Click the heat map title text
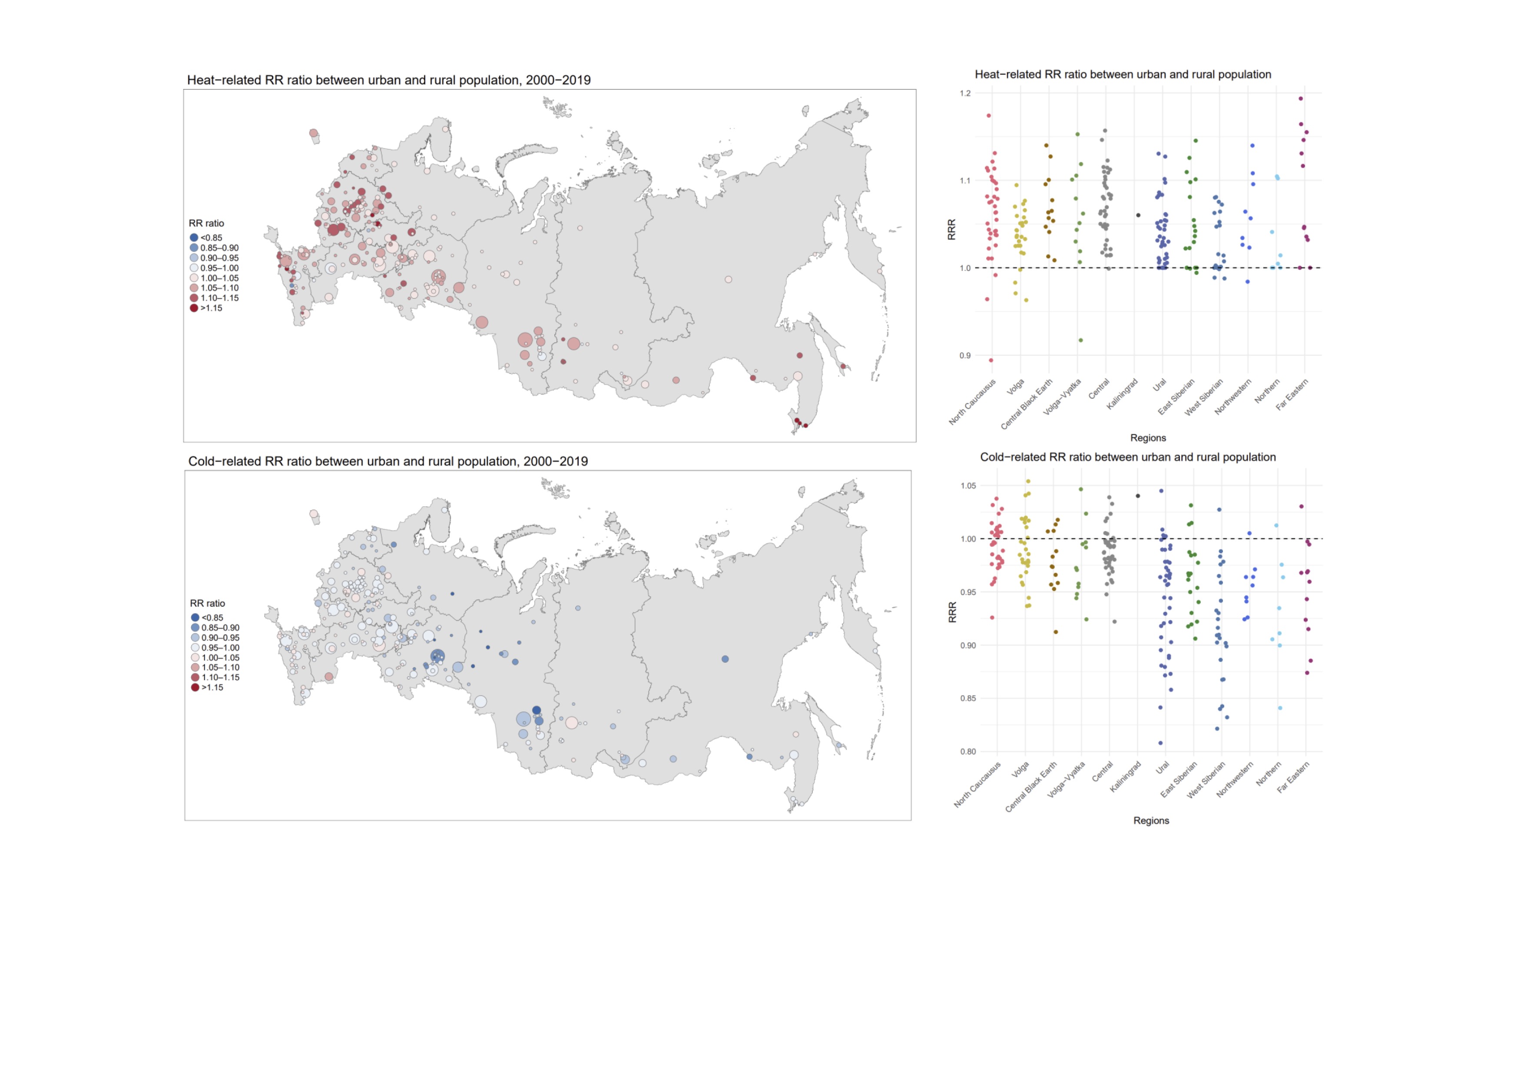(x=388, y=80)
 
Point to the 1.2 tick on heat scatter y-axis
(x=964, y=93)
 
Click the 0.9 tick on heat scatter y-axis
(x=964, y=356)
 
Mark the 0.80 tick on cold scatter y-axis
(x=968, y=752)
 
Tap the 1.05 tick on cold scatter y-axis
(x=968, y=486)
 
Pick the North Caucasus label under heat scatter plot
(x=972, y=402)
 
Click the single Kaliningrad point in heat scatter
(x=1138, y=215)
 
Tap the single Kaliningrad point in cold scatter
(x=1138, y=496)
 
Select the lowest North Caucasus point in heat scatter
(x=991, y=360)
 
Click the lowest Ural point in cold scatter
(x=1160, y=743)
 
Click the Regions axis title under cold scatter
(x=1151, y=821)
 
